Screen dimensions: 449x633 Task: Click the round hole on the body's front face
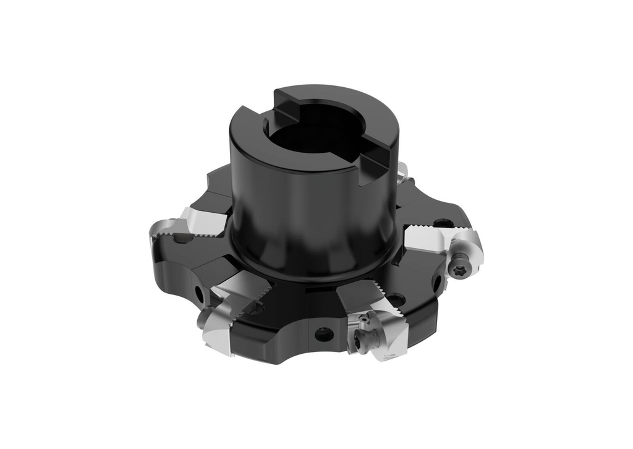pos(323,335)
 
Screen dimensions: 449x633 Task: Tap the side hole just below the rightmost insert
pos(438,283)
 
